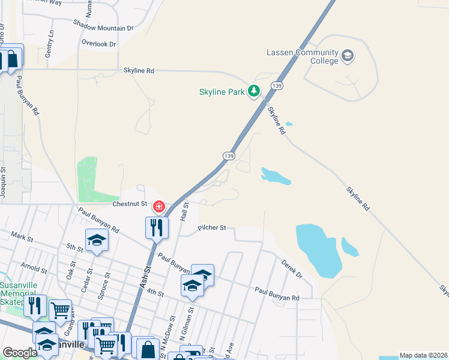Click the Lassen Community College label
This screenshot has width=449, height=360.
[302, 56]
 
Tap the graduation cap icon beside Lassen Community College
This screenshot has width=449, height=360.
[347, 56]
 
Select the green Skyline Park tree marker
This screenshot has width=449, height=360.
[255, 91]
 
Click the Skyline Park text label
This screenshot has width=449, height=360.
[222, 92]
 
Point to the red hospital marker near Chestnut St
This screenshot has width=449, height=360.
[159, 207]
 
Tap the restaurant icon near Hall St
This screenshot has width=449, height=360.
[157, 227]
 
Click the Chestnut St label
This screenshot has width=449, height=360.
[130, 204]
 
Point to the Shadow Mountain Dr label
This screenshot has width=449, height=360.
[103, 28]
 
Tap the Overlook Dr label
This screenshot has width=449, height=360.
[99, 44]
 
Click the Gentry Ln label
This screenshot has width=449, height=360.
[49, 44]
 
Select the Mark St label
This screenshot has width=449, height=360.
[20, 238]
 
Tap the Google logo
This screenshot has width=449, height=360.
[20, 353]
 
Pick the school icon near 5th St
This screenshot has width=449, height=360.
[97, 241]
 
